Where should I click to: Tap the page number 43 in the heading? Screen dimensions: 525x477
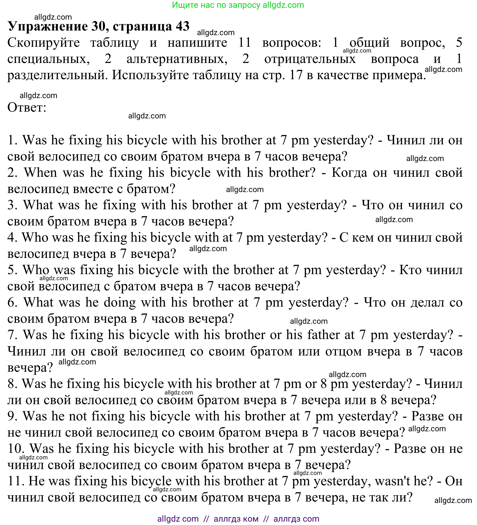(182, 26)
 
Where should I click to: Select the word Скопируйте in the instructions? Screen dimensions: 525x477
(44, 42)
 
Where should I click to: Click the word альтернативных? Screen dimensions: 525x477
(177, 59)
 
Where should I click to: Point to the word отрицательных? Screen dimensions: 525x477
(310, 59)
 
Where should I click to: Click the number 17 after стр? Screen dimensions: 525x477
(296, 75)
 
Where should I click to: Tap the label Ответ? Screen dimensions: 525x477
(27, 107)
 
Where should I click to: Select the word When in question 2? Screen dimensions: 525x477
(40, 172)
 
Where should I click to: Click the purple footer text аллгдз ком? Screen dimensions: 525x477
(236, 519)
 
